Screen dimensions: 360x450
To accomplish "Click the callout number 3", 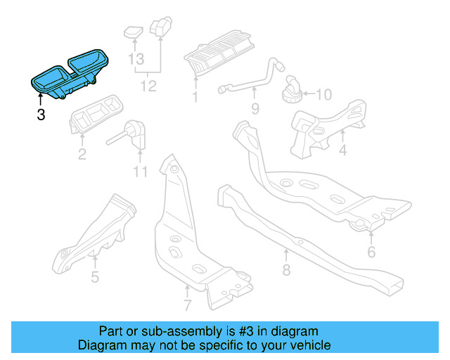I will click(41, 115).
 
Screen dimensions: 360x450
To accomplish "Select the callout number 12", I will click(148, 86).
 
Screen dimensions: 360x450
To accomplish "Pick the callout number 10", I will click(323, 94).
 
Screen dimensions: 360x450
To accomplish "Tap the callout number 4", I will click(342, 150).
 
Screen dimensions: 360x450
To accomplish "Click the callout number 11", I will click(140, 171).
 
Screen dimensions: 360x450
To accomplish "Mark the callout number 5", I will click(95, 276).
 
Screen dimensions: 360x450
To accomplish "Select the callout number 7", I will click(187, 305).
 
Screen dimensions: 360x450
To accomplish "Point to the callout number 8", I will click(286, 271).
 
